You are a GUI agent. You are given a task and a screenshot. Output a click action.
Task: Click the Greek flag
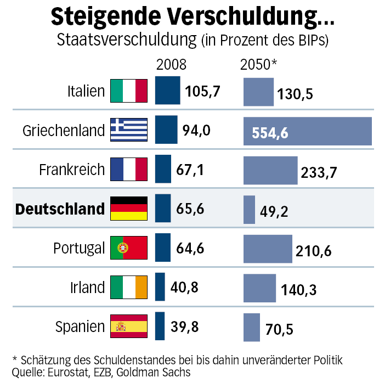129,130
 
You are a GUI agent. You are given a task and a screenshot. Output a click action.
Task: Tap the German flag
129,209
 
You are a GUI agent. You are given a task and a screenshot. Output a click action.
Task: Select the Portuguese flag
129,248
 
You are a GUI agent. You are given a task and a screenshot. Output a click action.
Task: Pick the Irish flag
129,287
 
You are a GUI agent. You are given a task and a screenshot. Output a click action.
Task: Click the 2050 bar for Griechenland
307,131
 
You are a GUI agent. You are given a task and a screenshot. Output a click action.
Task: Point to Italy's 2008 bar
167,91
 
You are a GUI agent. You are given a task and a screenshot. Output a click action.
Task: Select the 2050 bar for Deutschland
250,209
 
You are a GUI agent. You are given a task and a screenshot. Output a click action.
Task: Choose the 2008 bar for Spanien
160,327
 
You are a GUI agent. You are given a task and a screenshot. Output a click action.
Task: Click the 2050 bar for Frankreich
270,170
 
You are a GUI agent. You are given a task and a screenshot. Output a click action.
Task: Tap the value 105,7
203,91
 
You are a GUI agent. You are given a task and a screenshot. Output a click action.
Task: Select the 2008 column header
171,65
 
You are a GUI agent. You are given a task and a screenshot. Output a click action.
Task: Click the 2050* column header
259,65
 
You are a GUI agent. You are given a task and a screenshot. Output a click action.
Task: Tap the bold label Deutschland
60,209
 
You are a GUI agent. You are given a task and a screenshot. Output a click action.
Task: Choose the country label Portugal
78,249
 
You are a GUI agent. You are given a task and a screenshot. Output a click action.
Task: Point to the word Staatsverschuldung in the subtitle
127,40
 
